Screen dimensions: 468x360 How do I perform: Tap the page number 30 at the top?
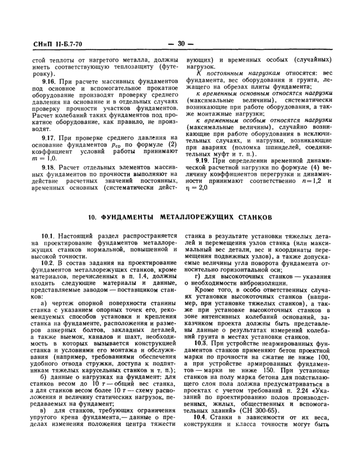[x=182, y=44]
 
